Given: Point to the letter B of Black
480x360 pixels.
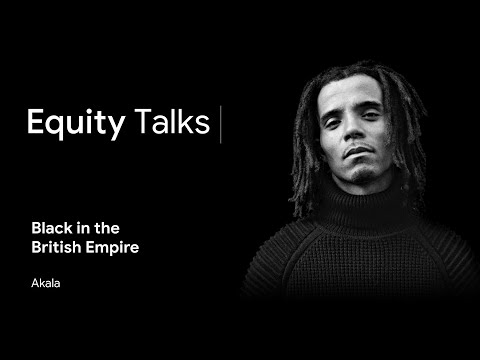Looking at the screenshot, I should [35, 228].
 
